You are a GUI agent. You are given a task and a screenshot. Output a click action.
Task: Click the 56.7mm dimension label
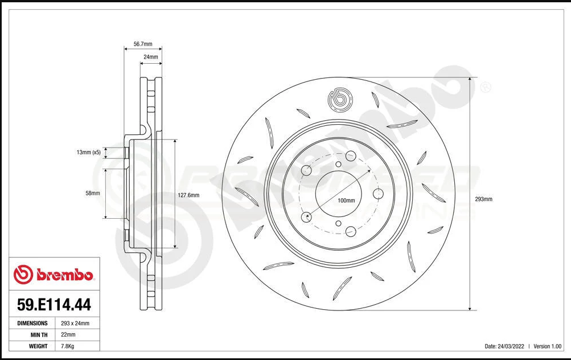coord(142,43)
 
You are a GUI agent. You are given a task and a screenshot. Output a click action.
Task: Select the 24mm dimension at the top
coord(151,57)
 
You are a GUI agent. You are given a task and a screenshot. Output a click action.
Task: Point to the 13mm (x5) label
coord(88,152)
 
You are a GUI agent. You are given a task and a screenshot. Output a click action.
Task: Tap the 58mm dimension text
coord(92,193)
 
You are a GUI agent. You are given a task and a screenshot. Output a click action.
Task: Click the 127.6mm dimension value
coord(189,195)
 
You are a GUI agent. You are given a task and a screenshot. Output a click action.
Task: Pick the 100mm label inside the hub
coord(346,201)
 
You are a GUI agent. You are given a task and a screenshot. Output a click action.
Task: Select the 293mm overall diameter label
coord(483,199)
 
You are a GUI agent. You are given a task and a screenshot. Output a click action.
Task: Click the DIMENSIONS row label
coord(32,323)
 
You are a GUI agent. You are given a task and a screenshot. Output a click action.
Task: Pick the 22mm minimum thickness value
coord(68,334)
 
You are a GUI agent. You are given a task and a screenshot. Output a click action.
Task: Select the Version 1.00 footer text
coord(548,346)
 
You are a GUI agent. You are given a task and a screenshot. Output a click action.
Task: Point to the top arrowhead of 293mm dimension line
coord(469,80)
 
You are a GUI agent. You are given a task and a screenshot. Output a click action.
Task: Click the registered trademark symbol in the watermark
coord(485,88)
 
